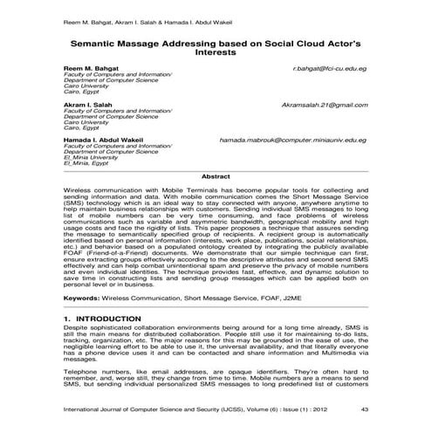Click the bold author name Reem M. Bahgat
click(91, 66)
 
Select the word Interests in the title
click(215, 51)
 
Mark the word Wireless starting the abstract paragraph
click(79, 189)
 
